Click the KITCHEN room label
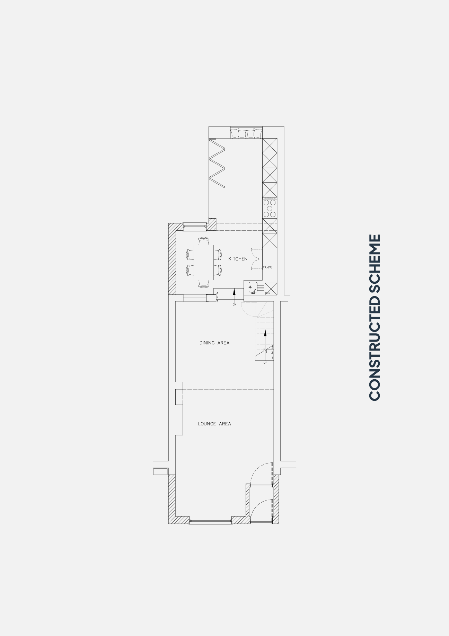(x=238, y=259)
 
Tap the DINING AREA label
(x=214, y=343)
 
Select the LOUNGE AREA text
(x=214, y=424)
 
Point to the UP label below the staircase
(x=265, y=363)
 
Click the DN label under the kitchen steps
(x=235, y=304)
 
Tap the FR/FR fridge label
(x=267, y=267)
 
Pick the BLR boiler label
(x=268, y=293)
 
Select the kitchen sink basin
(x=252, y=287)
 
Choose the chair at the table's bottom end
(x=204, y=284)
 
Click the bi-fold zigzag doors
(x=218, y=163)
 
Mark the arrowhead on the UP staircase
(x=265, y=333)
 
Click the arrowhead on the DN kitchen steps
(x=235, y=291)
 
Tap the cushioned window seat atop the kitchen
(x=246, y=133)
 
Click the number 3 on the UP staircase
(x=272, y=347)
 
